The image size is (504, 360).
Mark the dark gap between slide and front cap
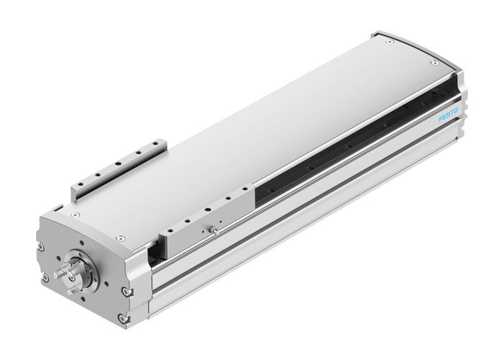154,251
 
